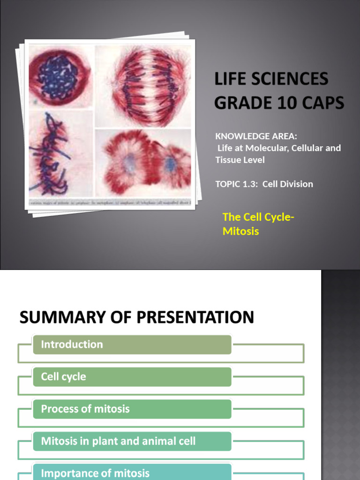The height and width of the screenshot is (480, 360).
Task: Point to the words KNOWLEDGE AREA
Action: click(x=256, y=136)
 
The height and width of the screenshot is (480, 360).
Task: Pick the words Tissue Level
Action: click(x=240, y=160)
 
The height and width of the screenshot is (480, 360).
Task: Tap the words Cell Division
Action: click(x=288, y=184)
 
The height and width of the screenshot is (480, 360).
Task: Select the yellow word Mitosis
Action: click(x=240, y=231)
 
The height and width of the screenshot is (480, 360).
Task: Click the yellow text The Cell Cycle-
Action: click(x=258, y=217)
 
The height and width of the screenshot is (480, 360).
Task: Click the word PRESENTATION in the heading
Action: click(x=195, y=317)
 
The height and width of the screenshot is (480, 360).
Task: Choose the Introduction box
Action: click(x=132, y=345)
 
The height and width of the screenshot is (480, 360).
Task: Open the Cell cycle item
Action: click(x=132, y=377)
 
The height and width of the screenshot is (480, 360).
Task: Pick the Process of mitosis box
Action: click(x=132, y=409)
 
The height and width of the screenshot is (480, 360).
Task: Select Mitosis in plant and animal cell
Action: click(x=132, y=441)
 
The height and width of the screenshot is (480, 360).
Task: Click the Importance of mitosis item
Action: click(x=132, y=472)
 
